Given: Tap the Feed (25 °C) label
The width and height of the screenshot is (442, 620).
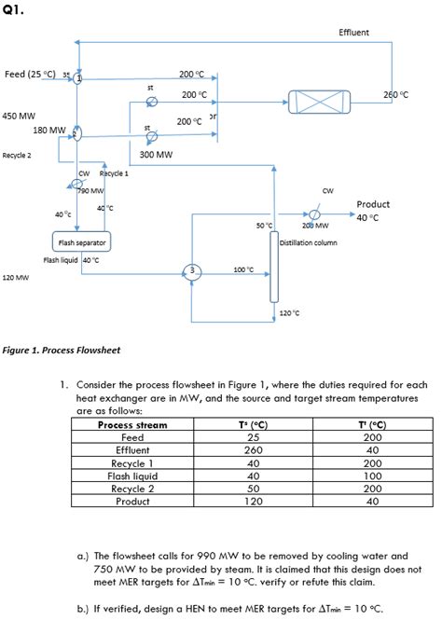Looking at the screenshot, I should pos(31,74).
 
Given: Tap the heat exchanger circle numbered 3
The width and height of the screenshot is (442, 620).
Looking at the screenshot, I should pos(192,270).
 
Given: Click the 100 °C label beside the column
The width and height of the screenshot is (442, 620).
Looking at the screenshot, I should pos(243,269).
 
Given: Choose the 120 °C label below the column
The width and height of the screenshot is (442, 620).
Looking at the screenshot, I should pos(290,312).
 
